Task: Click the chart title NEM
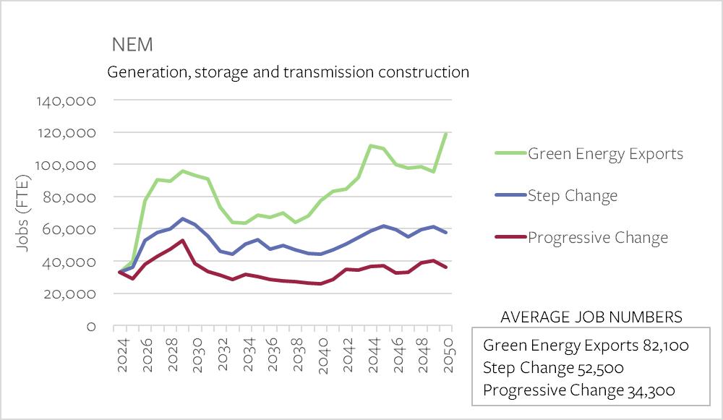(132, 45)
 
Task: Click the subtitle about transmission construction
(288, 72)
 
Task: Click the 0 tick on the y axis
(91, 327)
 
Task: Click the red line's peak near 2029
(183, 241)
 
